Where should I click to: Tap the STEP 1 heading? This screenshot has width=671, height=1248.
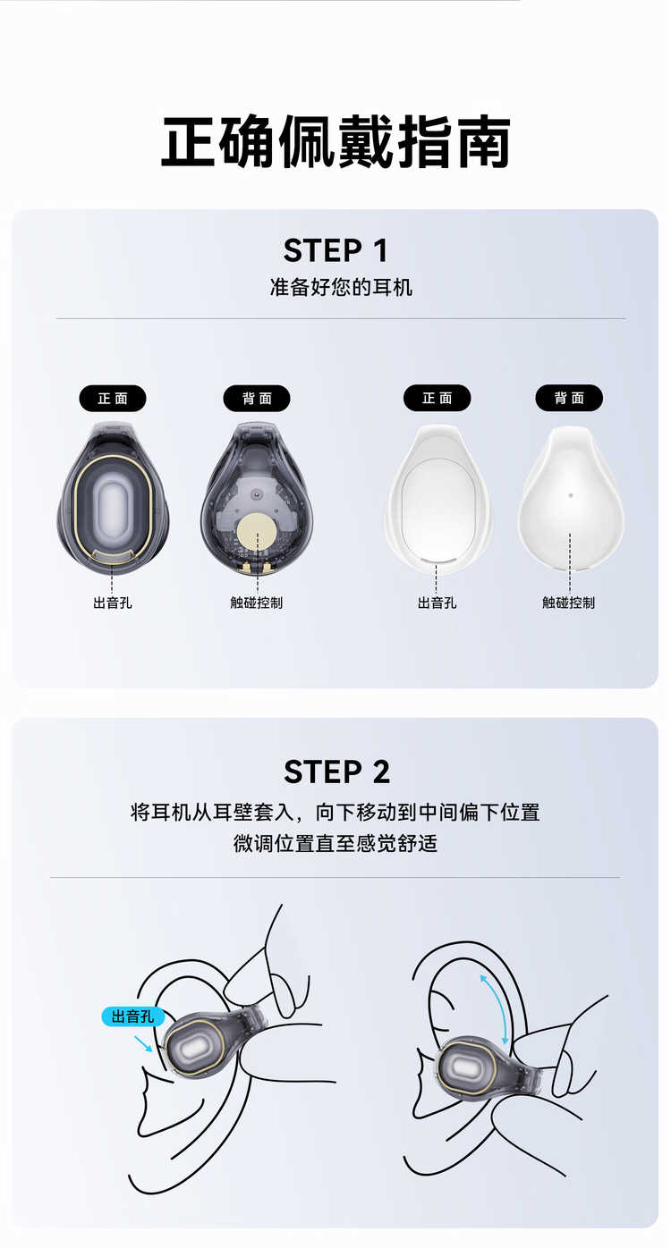click(335, 250)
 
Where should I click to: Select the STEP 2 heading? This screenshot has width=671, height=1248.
click(336, 772)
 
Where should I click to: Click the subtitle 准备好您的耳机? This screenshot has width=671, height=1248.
click(341, 288)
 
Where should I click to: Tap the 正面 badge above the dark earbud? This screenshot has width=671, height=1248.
click(113, 399)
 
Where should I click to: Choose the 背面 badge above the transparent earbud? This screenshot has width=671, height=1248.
click(257, 399)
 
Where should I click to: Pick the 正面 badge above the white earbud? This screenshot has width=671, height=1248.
click(437, 398)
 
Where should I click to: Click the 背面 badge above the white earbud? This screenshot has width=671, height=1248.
click(569, 398)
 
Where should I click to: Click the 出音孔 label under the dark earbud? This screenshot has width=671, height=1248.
click(113, 603)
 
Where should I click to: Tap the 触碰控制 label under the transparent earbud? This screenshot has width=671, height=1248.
click(257, 603)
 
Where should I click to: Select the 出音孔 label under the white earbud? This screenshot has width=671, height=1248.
click(437, 603)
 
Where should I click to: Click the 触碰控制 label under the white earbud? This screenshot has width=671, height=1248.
click(569, 603)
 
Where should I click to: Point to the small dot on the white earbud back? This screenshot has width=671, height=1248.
click(570, 494)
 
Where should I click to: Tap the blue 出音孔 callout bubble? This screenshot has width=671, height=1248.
click(133, 1016)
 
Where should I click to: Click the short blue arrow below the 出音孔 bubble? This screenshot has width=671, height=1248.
click(143, 1044)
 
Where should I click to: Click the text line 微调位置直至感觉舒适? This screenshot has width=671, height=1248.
click(335, 844)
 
